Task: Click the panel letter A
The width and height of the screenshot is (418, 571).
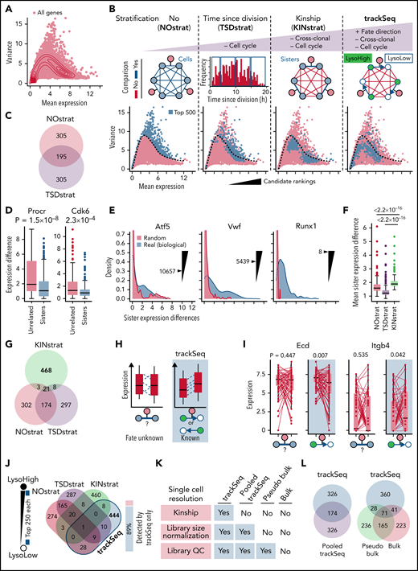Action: [x=6, y=6]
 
